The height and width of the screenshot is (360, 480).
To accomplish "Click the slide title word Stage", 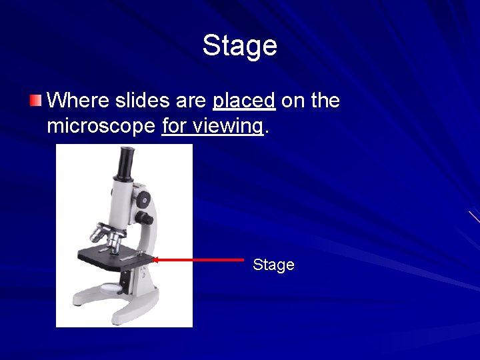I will point(239,45).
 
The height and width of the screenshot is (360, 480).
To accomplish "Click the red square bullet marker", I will point(35,101).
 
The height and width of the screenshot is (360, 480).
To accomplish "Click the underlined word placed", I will point(244,101).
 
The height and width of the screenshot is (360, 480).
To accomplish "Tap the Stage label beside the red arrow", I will point(273,265).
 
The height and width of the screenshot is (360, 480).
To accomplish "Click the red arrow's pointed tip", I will point(155,259).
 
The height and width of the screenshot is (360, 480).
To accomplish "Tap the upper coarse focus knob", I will point(143,198).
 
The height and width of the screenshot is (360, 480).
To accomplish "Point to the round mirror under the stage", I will point(111,288).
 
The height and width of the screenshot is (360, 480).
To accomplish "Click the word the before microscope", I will point(325,101).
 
